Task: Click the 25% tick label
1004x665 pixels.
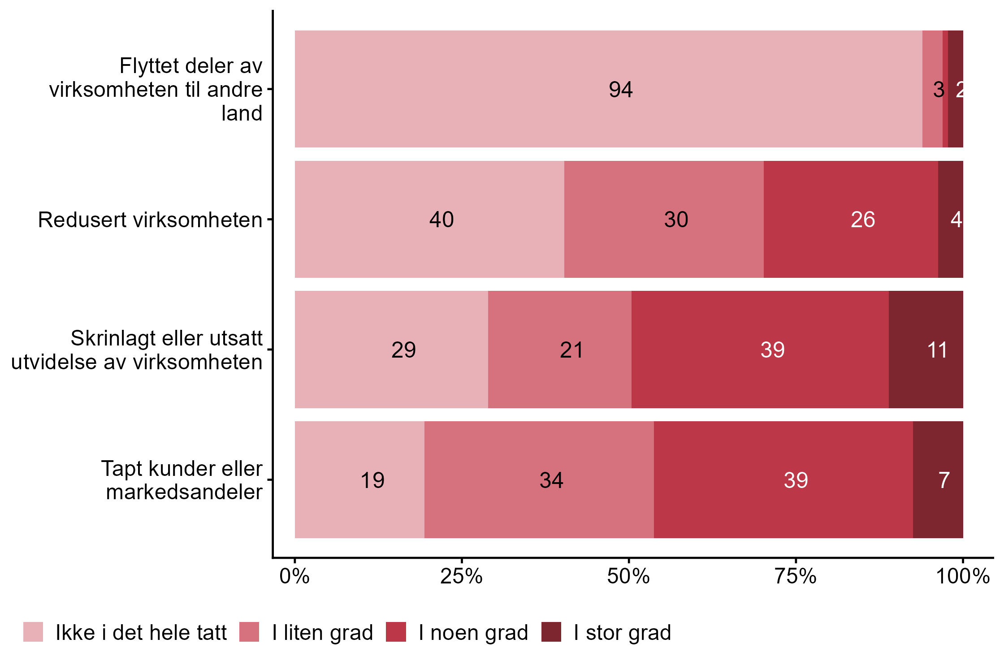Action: (x=461, y=576)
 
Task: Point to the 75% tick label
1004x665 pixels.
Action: (x=796, y=576)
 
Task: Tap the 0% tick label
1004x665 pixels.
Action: (x=294, y=576)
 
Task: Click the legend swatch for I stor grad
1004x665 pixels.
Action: (x=551, y=632)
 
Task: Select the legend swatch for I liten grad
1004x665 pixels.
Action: (x=249, y=632)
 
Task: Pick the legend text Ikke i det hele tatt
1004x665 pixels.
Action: (x=141, y=633)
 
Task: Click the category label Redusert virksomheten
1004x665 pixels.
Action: (x=150, y=220)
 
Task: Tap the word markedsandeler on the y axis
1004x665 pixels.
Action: (x=184, y=492)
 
